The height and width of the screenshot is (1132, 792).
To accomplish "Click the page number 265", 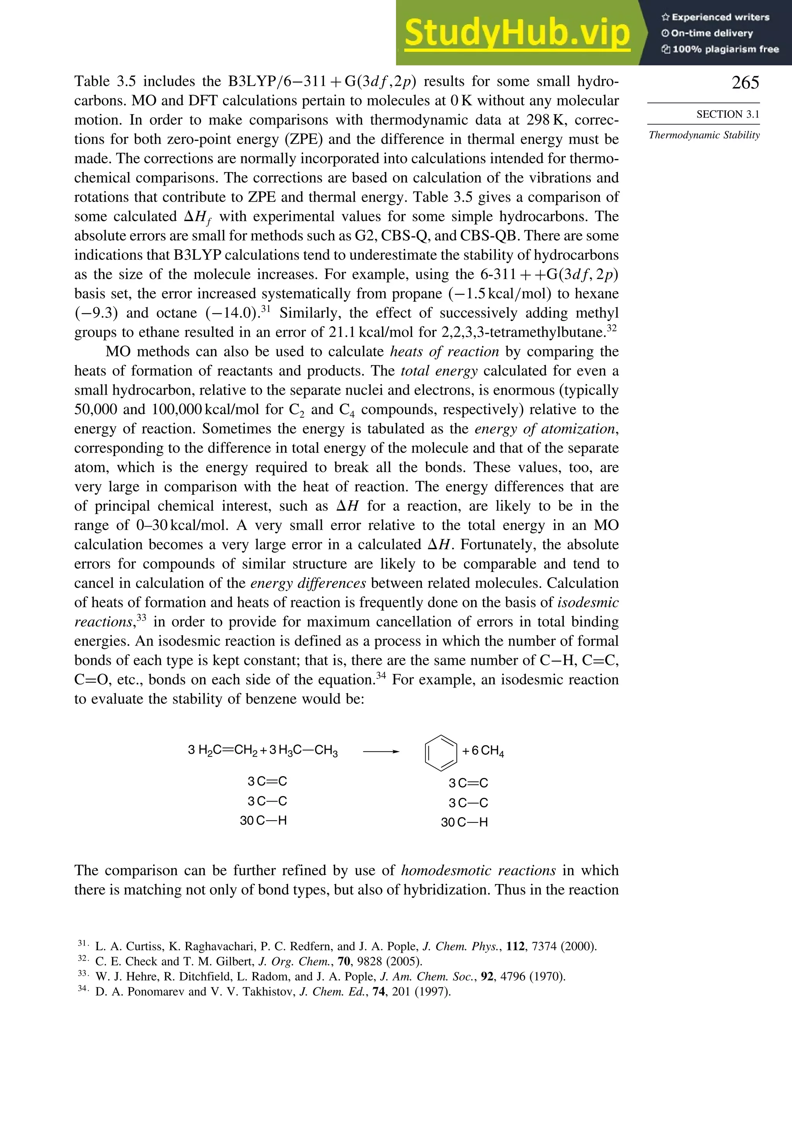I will [745, 82].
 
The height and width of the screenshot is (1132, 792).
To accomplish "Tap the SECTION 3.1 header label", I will [727, 115].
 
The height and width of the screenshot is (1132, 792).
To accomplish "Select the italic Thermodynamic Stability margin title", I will [704, 135].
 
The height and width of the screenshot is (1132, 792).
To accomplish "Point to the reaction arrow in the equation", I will [380, 751].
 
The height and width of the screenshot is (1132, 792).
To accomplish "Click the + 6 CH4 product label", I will [483, 751].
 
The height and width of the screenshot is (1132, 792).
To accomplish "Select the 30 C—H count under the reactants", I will [263, 821].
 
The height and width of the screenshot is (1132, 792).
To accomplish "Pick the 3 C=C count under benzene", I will [468, 783].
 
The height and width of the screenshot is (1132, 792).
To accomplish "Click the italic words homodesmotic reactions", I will [478, 870].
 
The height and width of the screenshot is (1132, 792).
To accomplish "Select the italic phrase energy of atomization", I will [545, 428].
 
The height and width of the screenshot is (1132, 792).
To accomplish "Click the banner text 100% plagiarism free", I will [724, 49].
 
